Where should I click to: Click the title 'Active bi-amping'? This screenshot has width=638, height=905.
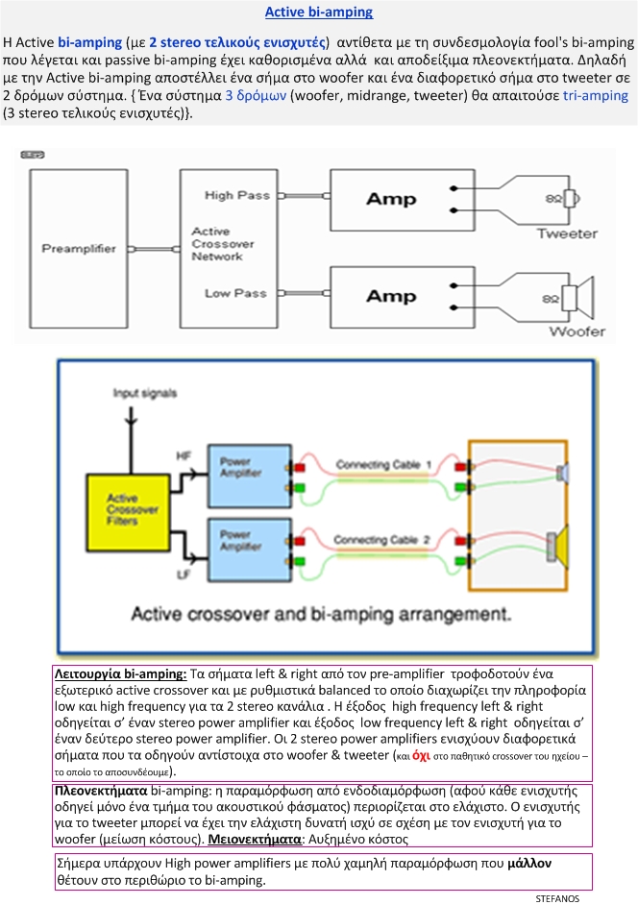tap(318, 12)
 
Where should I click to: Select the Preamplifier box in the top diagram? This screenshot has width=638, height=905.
tap(79, 250)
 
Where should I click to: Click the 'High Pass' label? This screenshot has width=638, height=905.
tap(237, 196)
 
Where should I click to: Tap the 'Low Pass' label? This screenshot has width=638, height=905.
tap(235, 293)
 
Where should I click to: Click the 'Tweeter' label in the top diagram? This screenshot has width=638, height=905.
tap(566, 233)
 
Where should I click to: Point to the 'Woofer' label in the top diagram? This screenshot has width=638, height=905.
tap(577, 331)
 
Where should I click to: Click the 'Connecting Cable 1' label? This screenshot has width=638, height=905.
tap(383, 465)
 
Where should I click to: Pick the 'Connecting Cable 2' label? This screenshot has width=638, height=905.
tap(383, 540)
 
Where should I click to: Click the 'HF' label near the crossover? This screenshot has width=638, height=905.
tap(184, 454)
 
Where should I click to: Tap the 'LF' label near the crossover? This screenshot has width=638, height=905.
tap(183, 574)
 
